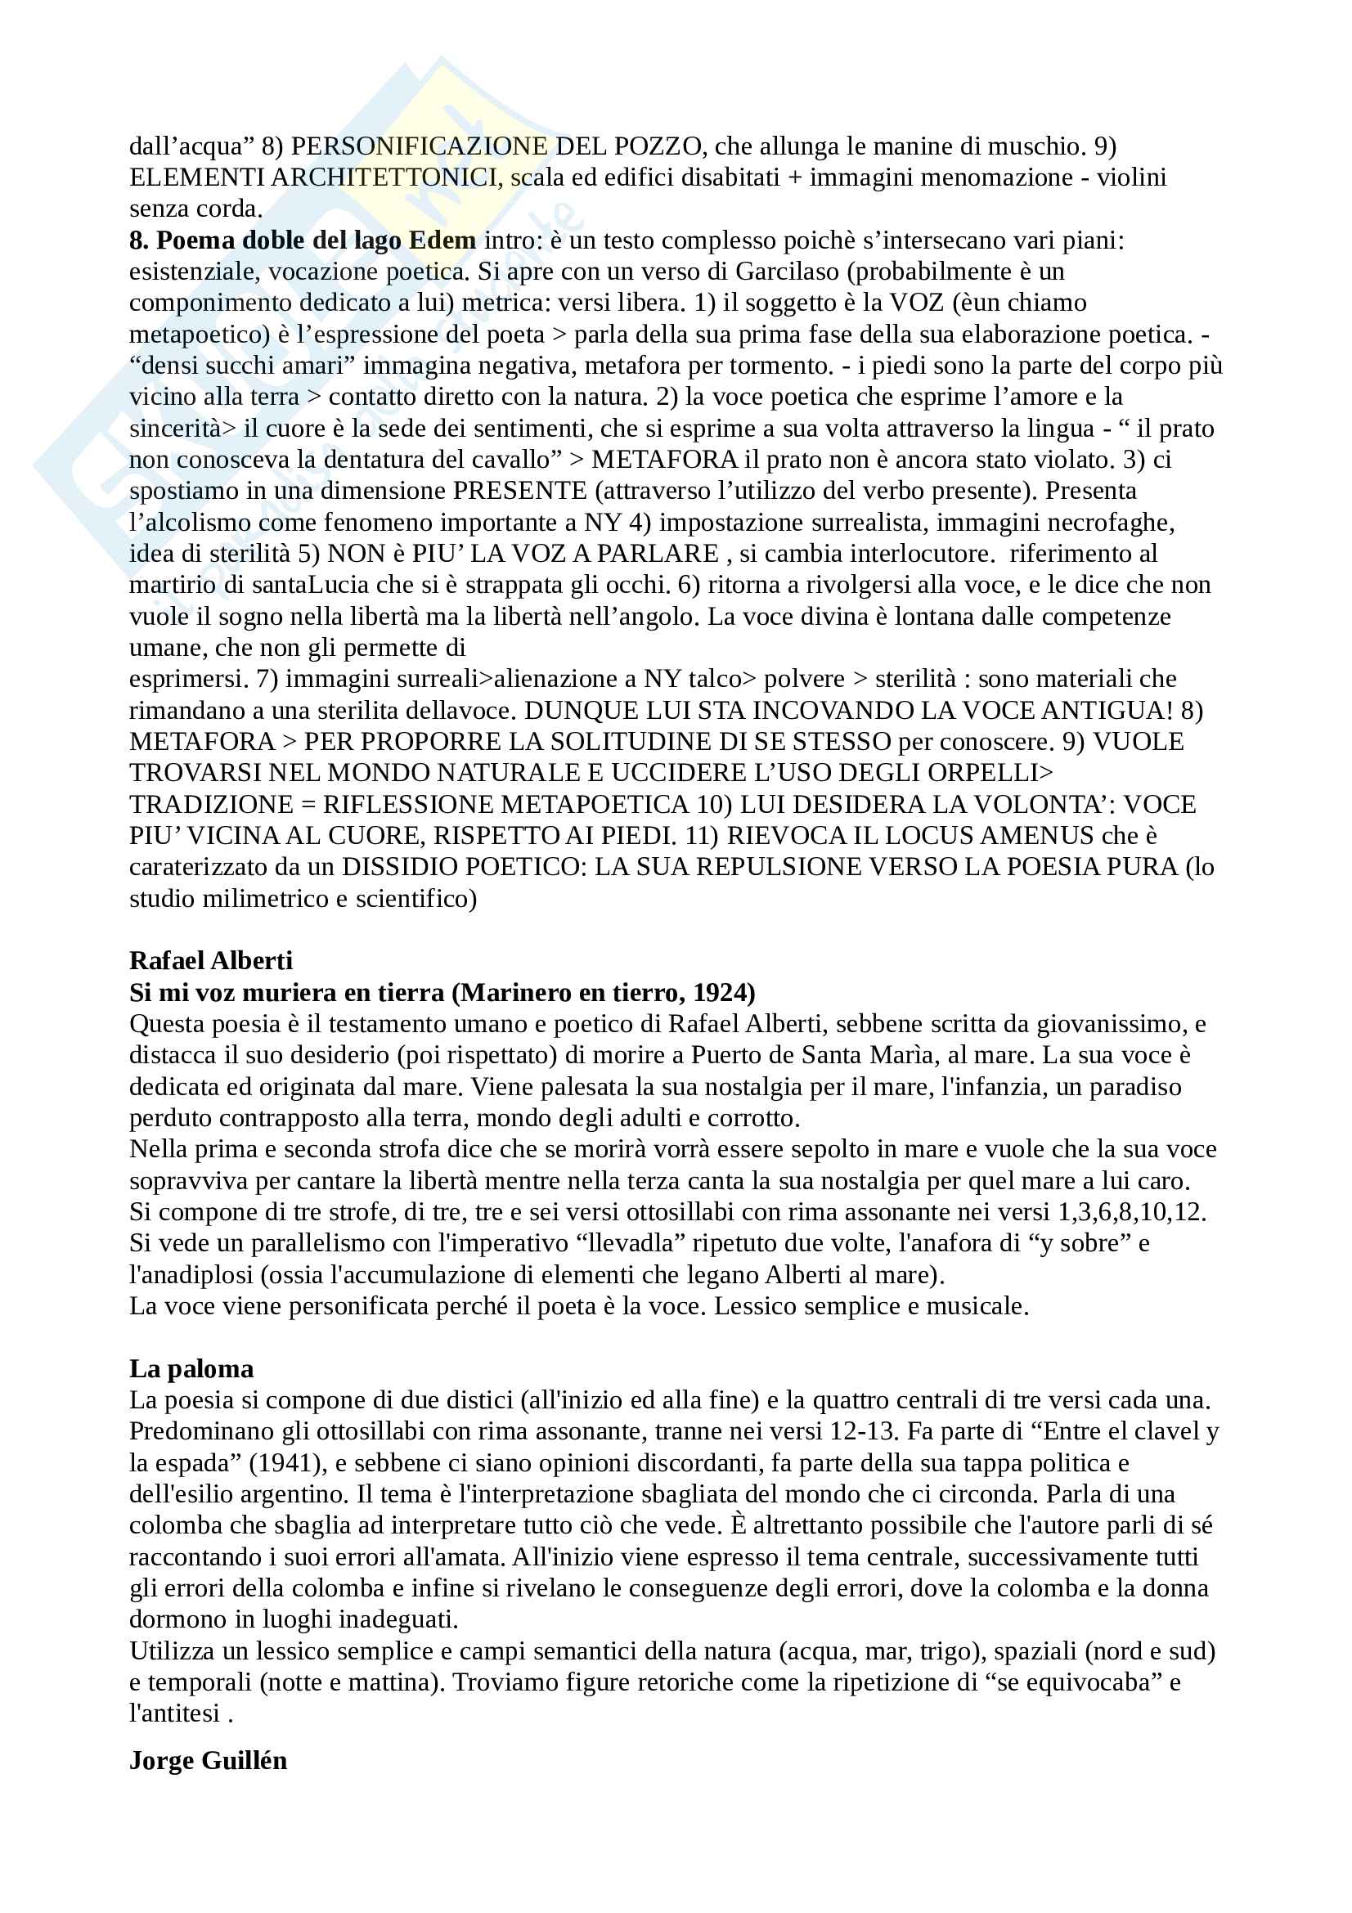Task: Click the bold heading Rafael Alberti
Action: click(x=211, y=961)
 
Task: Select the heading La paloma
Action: click(x=191, y=1369)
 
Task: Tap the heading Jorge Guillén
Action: click(x=209, y=1761)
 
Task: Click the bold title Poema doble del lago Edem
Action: click(x=316, y=240)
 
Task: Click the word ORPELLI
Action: click(x=986, y=773)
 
